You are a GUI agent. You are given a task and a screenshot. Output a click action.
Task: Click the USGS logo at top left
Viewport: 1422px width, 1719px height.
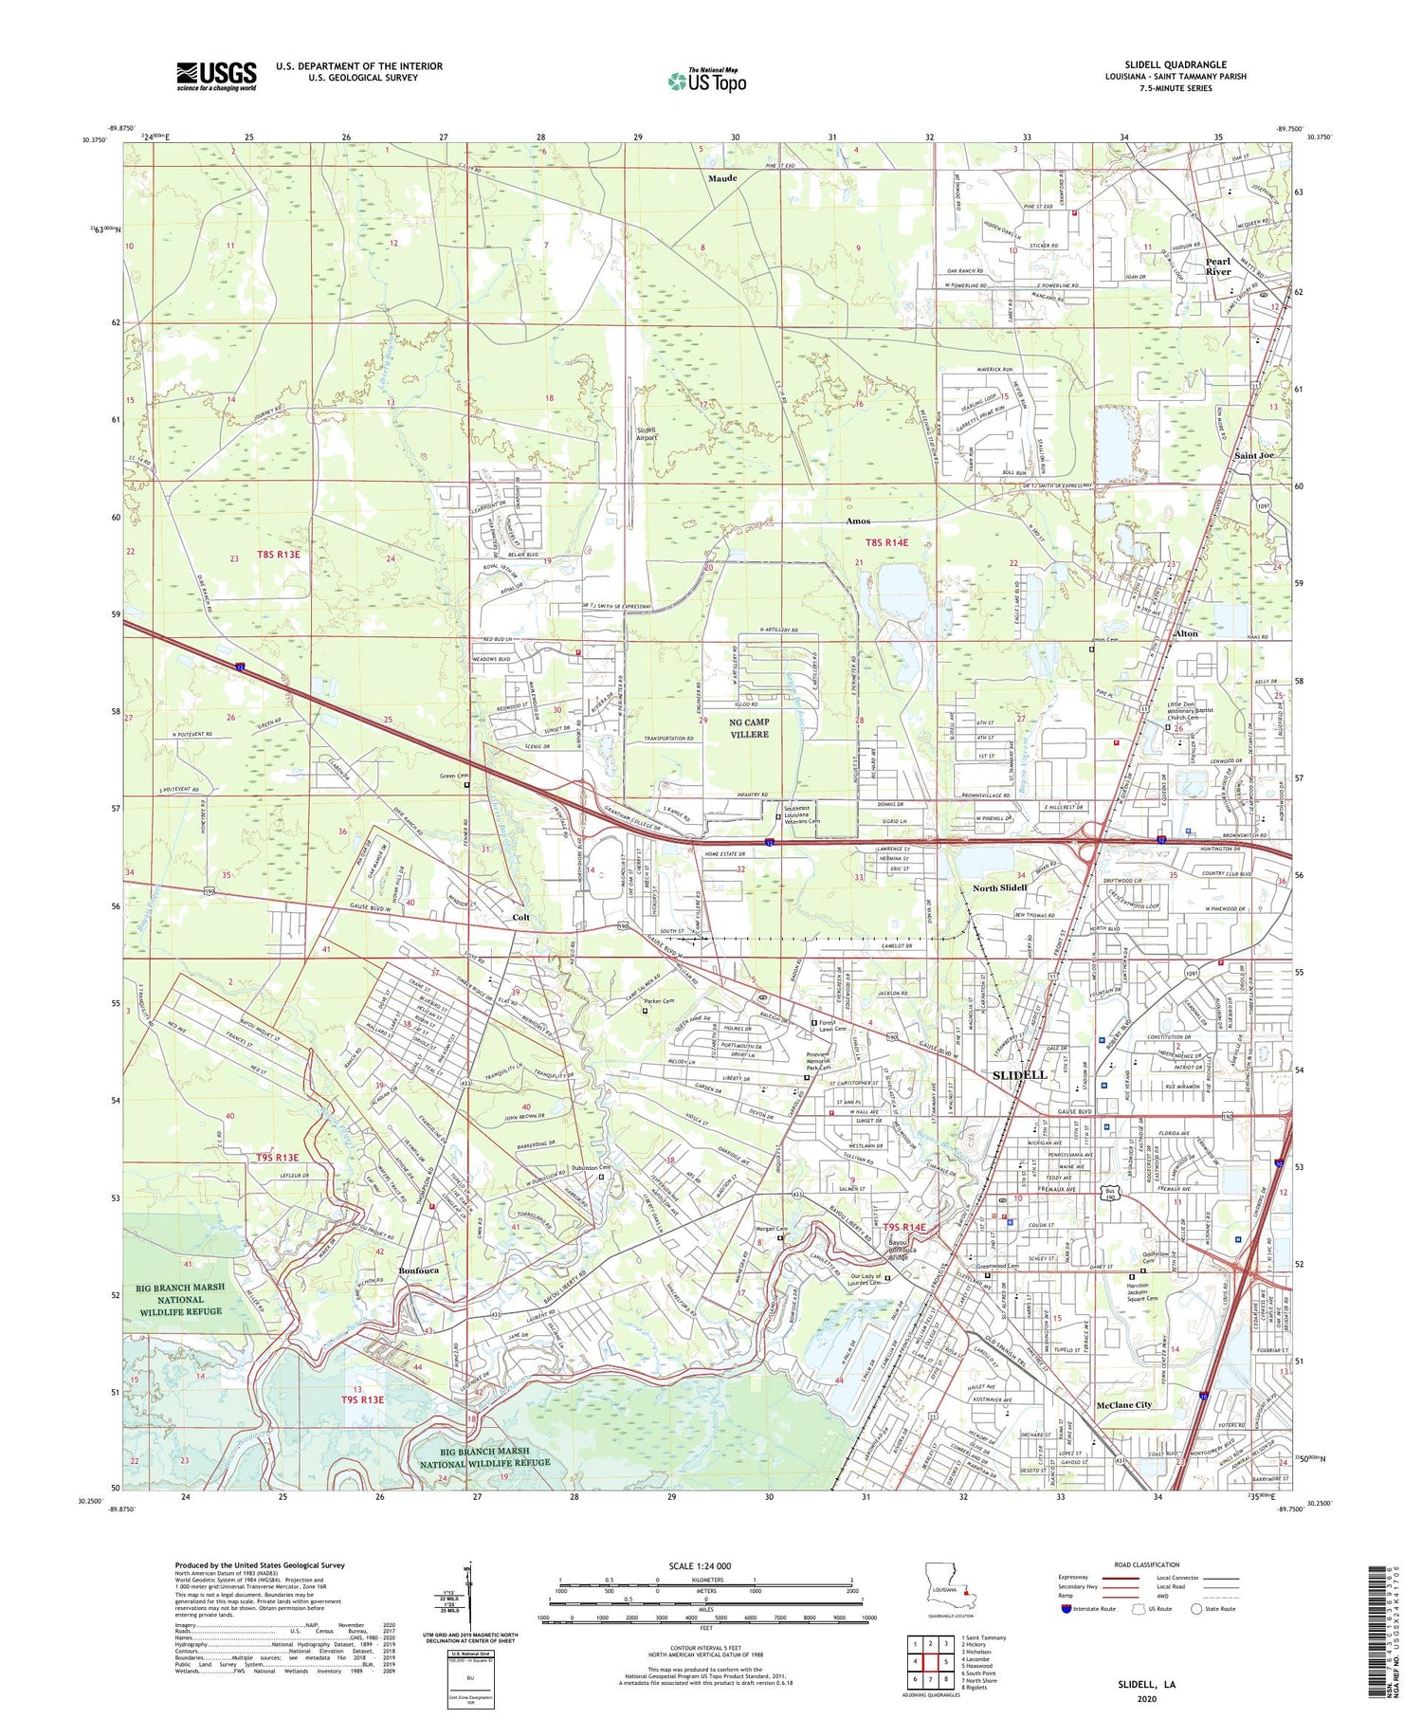(216, 76)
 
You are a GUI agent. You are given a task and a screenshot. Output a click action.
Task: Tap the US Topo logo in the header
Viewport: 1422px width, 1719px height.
(707, 82)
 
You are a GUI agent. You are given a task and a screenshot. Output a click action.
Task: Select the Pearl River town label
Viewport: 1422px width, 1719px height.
(1217, 266)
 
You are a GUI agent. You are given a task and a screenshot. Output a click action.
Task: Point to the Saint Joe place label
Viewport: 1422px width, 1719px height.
(1253, 456)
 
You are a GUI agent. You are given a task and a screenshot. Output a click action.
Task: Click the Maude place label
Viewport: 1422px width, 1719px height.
(722, 178)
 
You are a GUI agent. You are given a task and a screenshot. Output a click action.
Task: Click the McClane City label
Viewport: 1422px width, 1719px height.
(1123, 1404)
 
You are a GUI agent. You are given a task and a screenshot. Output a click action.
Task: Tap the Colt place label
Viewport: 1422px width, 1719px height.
(521, 917)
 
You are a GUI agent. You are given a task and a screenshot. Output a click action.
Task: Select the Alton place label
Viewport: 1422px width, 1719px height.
(1186, 633)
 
